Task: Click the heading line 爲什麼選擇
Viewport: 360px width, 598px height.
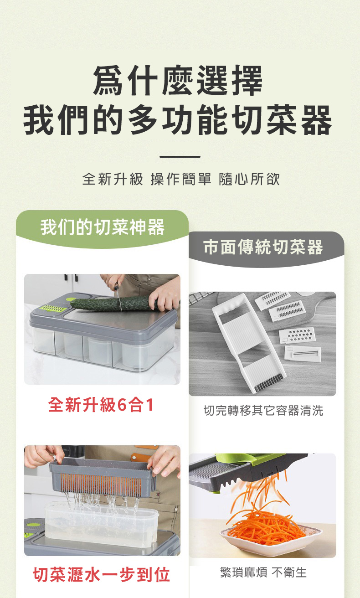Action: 178,80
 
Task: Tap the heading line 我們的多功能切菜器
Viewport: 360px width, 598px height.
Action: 178,120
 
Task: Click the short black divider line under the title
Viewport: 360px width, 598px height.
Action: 180,157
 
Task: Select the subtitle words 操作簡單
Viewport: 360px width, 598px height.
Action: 181,179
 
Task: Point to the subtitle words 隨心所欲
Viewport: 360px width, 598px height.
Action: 249,179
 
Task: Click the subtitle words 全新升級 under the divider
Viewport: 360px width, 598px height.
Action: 113,179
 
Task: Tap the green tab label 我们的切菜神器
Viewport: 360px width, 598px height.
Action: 103,227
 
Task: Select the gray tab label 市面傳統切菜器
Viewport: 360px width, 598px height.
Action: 263,247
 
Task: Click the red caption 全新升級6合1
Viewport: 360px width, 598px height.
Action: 101,405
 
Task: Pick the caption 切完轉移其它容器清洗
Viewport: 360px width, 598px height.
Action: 263,411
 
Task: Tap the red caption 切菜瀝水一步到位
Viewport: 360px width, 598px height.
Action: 102,574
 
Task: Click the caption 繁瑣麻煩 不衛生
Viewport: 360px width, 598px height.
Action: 263,572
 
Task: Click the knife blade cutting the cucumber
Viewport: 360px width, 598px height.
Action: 119,302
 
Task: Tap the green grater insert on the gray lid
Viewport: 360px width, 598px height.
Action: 53,308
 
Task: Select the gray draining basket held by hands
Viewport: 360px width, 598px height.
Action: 103,478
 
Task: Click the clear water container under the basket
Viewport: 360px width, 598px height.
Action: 102,525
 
